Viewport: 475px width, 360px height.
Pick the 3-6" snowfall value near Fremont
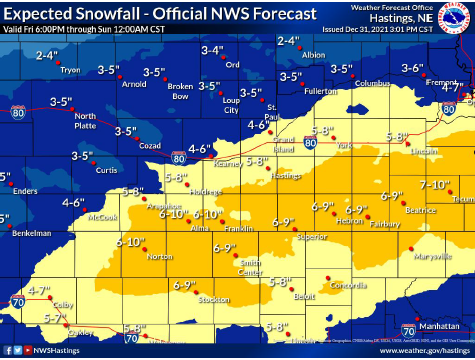click(x=413, y=68)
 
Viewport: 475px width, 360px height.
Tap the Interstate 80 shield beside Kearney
click(x=177, y=158)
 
